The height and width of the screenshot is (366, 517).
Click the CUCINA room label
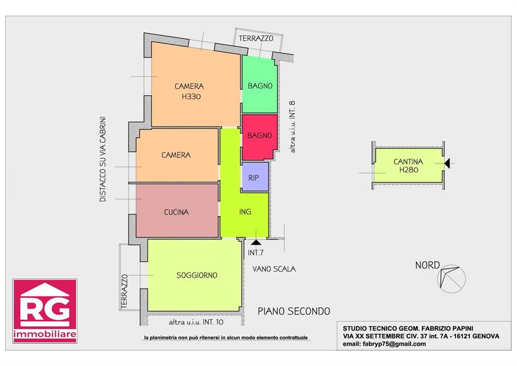tap(176, 212)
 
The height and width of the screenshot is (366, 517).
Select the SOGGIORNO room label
tap(197, 275)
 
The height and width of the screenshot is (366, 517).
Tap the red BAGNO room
tap(260, 137)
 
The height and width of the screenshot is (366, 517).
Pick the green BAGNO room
tap(260, 85)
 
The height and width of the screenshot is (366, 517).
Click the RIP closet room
tap(255, 177)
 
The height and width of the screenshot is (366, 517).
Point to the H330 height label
tap(192, 97)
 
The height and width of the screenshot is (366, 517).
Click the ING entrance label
tap(245, 212)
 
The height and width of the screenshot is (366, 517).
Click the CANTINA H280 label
tap(408, 165)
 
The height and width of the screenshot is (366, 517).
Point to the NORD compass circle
tap(451, 279)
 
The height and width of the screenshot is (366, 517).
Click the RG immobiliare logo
tap(45, 311)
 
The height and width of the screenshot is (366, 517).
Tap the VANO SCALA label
tap(274, 269)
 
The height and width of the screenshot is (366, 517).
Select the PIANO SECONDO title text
tap(294, 311)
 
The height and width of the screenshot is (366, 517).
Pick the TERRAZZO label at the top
tap(256, 38)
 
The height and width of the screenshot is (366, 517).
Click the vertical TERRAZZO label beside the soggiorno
tap(125, 291)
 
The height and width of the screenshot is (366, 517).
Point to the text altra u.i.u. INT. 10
tap(196, 322)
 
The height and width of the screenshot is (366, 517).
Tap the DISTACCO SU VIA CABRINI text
tap(103, 159)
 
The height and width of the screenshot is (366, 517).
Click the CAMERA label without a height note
tap(176, 155)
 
